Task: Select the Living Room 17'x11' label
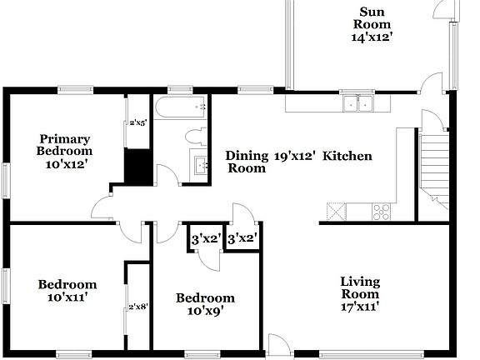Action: pos(360,293)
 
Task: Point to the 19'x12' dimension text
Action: pos(295,156)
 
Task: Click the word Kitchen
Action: pos(347,156)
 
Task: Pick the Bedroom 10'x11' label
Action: pos(67,290)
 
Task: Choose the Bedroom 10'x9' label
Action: pos(205,304)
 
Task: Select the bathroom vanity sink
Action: pos(201,164)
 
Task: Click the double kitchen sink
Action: pos(360,104)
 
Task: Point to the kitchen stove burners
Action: pos(383,211)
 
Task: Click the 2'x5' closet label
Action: pos(137,122)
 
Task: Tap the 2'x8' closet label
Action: pos(137,307)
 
